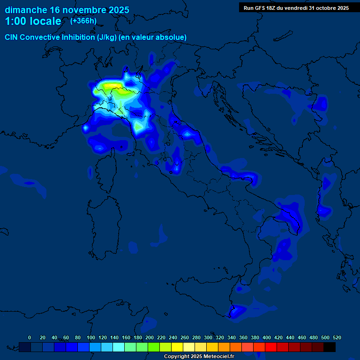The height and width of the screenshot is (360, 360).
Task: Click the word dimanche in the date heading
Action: point(26,10)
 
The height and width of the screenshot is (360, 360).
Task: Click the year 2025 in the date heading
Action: point(116,10)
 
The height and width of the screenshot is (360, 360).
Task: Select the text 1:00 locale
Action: point(33,22)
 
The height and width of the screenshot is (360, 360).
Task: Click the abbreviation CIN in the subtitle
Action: point(12,37)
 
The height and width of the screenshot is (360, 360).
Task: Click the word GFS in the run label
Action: point(262,8)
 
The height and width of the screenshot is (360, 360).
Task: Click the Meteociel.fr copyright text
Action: point(199,356)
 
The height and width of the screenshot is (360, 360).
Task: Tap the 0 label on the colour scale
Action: point(30,337)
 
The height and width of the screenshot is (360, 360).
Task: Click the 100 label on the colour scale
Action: point(90,337)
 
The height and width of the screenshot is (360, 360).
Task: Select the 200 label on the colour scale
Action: point(150,337)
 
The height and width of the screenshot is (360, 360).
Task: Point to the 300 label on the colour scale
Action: point(208,337)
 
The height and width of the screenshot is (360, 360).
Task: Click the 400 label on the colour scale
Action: point(267,337)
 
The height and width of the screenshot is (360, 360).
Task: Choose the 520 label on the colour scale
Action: point(337,337)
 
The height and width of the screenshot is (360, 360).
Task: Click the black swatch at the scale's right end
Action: point(330,347)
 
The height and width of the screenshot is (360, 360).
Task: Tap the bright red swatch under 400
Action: point(271,347)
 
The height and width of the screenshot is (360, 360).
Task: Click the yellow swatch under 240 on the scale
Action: point(177,347)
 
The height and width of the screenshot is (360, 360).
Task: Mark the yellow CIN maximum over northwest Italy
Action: point(112,86)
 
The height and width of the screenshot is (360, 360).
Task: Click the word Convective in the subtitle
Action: point(42,37)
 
